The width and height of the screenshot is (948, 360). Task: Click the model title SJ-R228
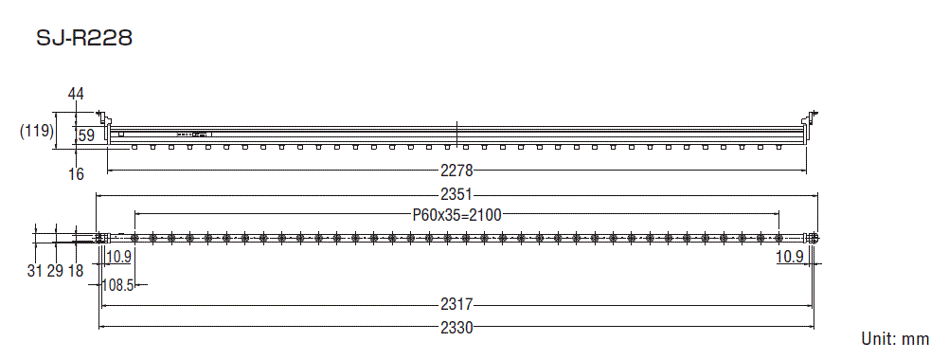coord(83,39)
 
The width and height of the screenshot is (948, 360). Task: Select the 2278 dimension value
coord(456,171)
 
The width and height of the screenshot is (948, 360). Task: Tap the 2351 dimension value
coord(456,196)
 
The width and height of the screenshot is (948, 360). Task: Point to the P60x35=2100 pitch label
coord(456,215)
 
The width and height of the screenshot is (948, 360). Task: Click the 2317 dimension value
coord(456,305)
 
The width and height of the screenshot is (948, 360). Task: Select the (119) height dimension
coord(36,133)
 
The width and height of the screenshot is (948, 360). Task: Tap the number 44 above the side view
coord(77,93)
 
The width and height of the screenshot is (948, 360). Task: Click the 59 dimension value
coord(86,136)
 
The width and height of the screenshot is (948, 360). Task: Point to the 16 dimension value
coord(77,174)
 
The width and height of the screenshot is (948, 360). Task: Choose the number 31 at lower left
coord(35,272)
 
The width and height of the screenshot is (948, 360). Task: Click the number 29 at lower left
coord(55,272)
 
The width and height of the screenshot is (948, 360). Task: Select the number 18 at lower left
coord(76,272)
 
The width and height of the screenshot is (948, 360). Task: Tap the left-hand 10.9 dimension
coord(118,258)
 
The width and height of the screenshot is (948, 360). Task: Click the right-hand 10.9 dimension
coord(790,258)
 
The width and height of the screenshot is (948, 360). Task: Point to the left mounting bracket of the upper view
coord(107,124)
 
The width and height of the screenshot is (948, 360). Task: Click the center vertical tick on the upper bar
coord(456,134)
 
